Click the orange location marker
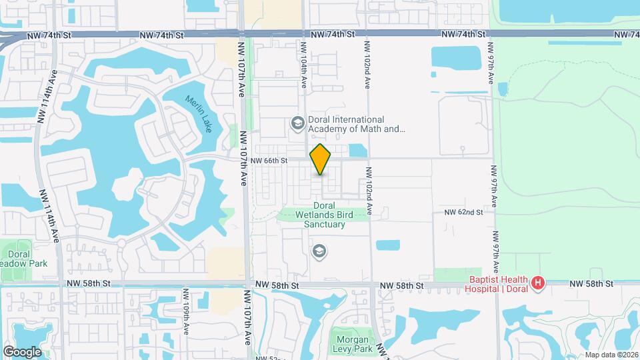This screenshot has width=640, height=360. [x=321, y=159]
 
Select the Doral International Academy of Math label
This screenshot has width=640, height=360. [x=357, y=124]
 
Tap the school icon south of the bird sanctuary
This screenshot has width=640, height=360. [x=319, y=251]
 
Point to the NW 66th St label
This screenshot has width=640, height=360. [x=269, y=161]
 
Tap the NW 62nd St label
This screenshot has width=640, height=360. [x=463, y=212]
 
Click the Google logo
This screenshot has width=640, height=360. [x=22, y=351]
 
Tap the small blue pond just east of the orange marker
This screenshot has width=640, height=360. [x=358, y=151]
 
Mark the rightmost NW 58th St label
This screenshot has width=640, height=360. [x=591, y=285]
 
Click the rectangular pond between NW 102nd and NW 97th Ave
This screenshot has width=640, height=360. [x=455, y=59]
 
